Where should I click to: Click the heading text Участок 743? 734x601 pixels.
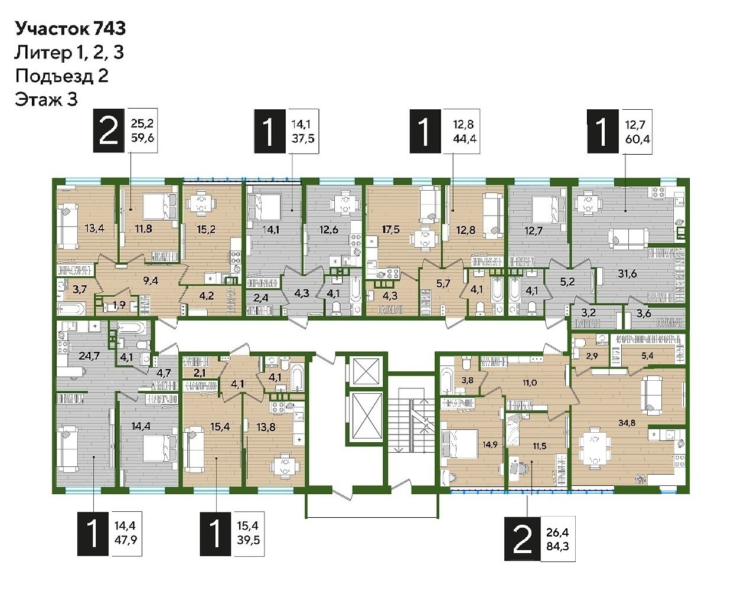click(70, 28)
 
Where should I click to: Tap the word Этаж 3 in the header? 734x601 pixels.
click(46, 100)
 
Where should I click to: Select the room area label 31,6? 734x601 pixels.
click(627, 274)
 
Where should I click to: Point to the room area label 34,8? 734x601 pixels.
click(627, 423)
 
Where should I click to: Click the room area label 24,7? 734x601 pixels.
click(89, 355)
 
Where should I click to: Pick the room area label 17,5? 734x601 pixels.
click(390, 229)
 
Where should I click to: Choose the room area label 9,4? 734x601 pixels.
click(151, 280)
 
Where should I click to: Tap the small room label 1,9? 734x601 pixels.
click(119, 305)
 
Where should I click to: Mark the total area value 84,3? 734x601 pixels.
click(557, 546)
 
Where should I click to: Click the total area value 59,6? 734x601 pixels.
click(142, 138)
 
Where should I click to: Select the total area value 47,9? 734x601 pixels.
click(126, 540)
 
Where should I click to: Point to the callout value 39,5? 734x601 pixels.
click(249, 540)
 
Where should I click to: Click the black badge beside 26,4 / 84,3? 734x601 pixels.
click(523, 539)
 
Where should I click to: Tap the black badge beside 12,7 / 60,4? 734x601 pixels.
click(603, 131)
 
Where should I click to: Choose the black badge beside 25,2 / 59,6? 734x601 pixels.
click(109, 130)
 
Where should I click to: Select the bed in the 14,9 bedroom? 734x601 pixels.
click(459, 446)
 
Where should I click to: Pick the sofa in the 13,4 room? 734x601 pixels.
click(68, 227)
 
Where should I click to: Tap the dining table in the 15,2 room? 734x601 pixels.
click(201, 202)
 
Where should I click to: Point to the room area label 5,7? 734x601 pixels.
click(443, 283)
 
